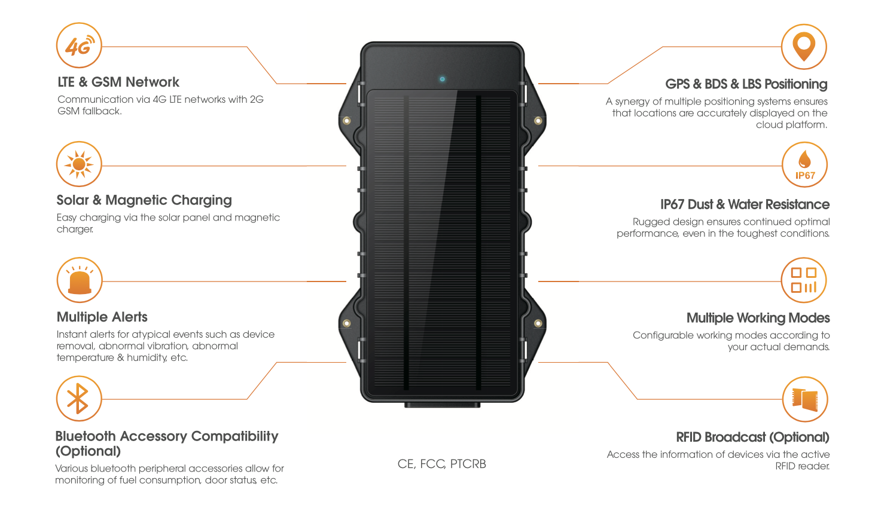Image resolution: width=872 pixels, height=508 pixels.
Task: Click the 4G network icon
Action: click(x=79, y=46)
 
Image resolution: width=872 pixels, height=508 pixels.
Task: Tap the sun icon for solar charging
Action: click(x=79, y=164)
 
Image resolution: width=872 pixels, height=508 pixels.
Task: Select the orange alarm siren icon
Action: click(x=80, y=281)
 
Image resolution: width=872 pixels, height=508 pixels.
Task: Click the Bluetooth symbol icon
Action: click(x=78, y=399)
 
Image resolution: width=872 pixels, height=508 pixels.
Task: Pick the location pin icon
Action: click(x=804, y=47)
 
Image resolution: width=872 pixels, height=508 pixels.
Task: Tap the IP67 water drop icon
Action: click(x=804, y=164)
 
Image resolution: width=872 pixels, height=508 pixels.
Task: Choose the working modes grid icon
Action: click(x=804, y=280)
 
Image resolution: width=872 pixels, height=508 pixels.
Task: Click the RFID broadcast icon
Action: click(x=805, y=399)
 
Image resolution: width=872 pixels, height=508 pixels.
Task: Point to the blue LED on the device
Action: click(x=442, y=79)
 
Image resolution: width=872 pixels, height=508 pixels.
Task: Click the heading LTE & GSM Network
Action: click(x=118, y=82)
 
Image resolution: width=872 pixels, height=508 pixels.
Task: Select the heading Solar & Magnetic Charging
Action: click(x=144, y=200)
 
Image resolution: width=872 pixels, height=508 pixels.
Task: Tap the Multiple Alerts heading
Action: click(x=102, y=317)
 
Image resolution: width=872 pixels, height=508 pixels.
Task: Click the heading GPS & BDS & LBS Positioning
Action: click(x=746, y=84)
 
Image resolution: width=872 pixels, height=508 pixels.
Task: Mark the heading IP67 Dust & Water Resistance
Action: click(x=745, y=204)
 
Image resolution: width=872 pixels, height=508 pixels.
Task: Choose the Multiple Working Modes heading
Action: click(x=758, y=318)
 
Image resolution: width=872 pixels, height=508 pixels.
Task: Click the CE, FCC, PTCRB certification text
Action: click(x=441, y=464)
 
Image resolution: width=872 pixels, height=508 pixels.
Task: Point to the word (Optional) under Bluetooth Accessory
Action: click(x=88, y=451)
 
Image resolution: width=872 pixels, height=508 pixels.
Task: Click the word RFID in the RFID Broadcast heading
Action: click(x=688, y=437)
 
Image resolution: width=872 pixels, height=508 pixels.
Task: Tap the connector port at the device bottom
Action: click(x=442, y=405)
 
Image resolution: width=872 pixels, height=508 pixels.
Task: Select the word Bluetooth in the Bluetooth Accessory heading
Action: click(x=86, y=436)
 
